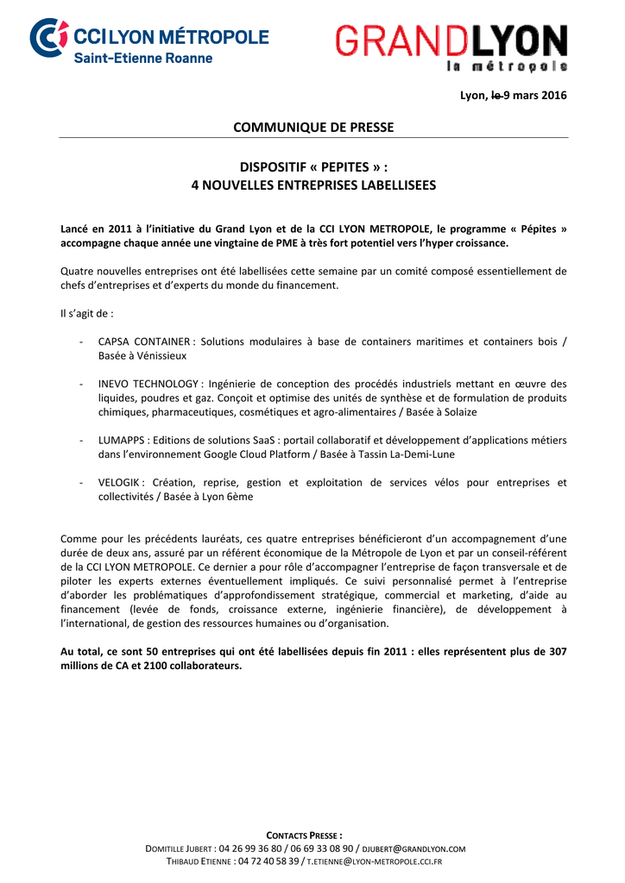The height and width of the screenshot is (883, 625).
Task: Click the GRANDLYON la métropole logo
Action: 451,47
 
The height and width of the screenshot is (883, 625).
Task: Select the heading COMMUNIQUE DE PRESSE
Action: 313,128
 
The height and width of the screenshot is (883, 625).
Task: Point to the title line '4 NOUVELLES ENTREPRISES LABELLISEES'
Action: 313,185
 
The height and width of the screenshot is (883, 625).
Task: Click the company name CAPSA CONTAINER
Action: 143,341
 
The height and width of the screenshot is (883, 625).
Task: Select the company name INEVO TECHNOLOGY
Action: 148,384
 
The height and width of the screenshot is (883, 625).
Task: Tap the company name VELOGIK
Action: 119,483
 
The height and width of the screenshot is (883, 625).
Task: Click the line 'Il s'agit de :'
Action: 86,313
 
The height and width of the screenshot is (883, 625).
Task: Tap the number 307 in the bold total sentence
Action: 556,652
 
